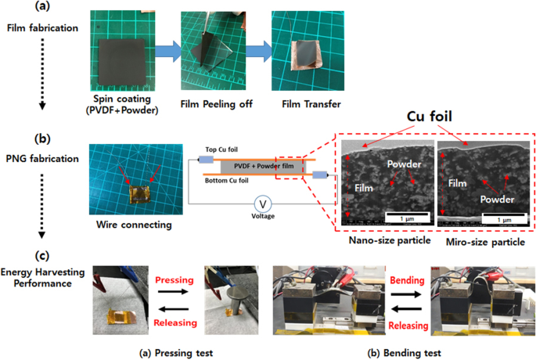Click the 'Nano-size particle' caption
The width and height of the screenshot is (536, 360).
click(382, 242)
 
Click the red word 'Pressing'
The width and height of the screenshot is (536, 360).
click(170, 279)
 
